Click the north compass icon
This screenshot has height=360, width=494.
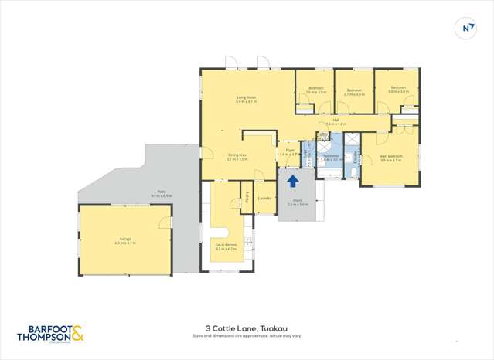point(468,29)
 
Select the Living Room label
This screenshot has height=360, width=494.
point(246,99)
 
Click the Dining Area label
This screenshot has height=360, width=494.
point(237,157)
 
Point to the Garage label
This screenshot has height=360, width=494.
point(124,241)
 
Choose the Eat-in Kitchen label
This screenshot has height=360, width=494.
point(226,246)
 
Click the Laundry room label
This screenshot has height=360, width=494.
point(264,198)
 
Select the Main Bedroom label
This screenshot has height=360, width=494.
point(390,158)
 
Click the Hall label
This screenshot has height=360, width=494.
point(336,121)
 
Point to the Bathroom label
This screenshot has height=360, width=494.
point(332,157)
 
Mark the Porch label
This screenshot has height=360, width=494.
point(298,203)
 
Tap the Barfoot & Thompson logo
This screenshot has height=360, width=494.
point(50,332)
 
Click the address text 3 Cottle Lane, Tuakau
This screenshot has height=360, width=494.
point(247,328)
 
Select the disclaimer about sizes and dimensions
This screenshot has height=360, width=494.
point(247,336)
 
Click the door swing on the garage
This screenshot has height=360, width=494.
point(163,222)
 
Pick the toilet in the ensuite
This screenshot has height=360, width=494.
point(351,172)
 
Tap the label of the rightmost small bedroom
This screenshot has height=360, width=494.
point(397,90)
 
